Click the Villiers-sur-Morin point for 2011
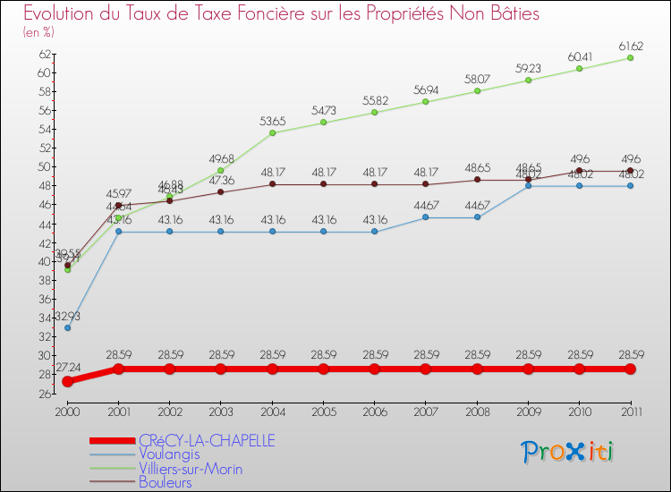[x=630, y=57]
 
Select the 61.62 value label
[x=630, y=45]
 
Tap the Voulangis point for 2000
[x=67, y=327]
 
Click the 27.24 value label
[x=67, y=368]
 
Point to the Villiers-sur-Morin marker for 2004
[x=272, y=132]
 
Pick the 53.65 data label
[x=272, y=120]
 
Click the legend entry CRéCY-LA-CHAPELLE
[x=207, y=440]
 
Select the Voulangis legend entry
[x=169, y=454]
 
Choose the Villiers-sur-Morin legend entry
[x=191, y=469]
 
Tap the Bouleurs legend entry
[x=166, y=483]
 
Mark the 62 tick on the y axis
[x=45, y=54]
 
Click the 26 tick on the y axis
[x=45, y=394]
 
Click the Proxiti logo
[x=568, y=452]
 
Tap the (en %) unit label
[x=38, y=32]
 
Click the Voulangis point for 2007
[x=426, y=217]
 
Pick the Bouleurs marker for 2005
[x=323, y=184]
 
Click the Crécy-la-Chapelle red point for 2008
[x=477, y=369]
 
